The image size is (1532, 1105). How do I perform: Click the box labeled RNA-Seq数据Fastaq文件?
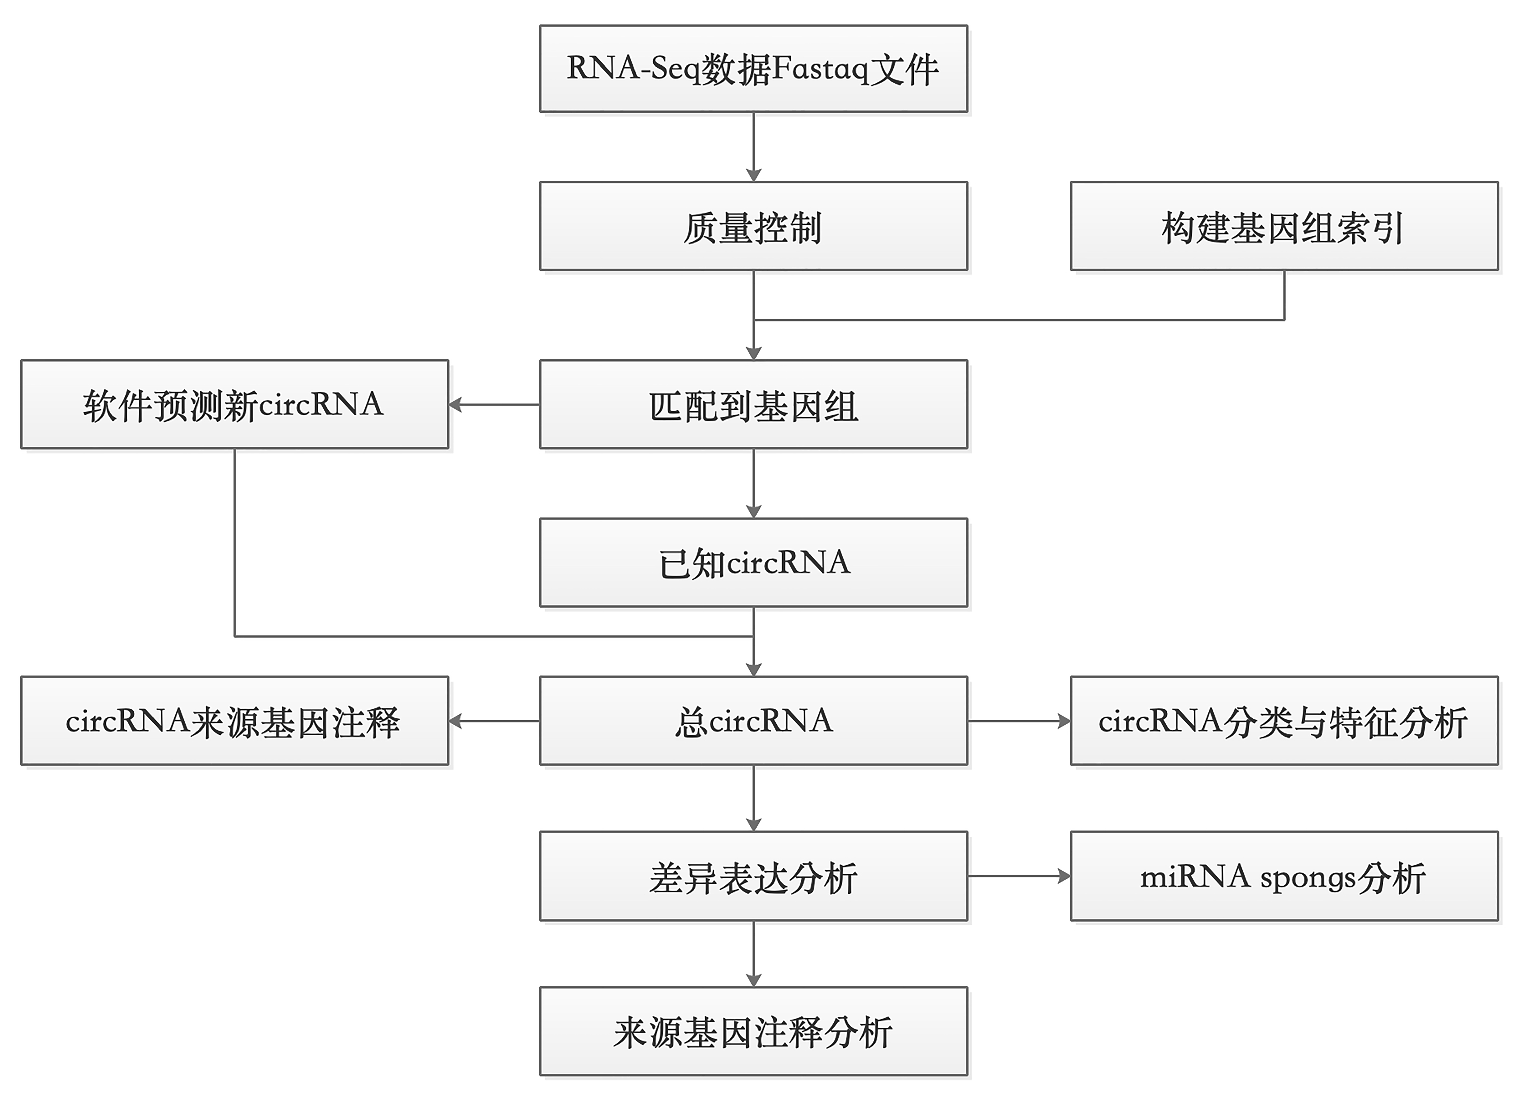[x=753, y=69]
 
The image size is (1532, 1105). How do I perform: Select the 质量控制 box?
[x=753, y=226]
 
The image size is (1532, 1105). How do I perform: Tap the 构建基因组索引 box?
[x=1284, y=226]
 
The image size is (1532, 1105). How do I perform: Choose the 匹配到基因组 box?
[x=753, y=405]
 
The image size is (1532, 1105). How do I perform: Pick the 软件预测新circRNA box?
[x=234, y=405]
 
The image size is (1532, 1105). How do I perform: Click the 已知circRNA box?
[x=753, y=563]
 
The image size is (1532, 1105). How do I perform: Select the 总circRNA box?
[x=753, y=721]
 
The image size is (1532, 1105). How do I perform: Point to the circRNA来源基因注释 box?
[x=234, y=721]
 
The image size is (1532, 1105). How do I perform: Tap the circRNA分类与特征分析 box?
[x=1284, y=721]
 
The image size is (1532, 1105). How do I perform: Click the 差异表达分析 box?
[x=753, y=876]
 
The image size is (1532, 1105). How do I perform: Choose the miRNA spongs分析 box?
[x=1284, y=876]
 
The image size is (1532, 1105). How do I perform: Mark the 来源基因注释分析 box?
[x=753, y=1031]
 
